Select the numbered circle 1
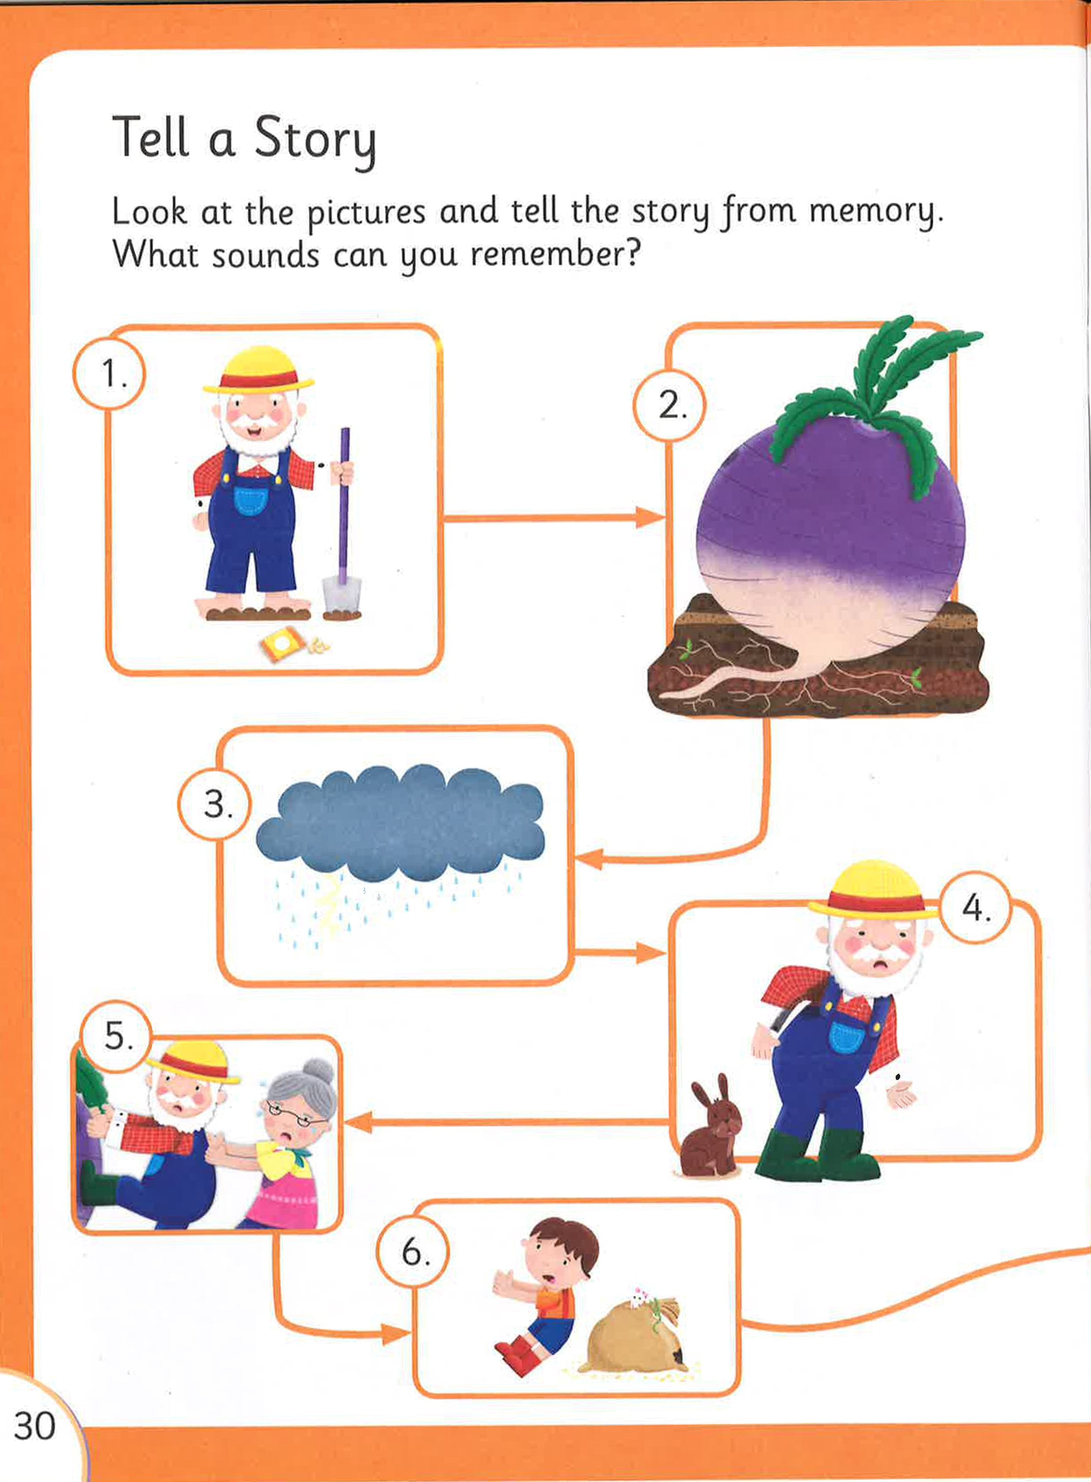coord(109,374)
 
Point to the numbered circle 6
coord(413,1252)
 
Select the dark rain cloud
coord(400,822)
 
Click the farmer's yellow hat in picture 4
coord(873,890)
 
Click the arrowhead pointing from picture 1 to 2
coord(649,517)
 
